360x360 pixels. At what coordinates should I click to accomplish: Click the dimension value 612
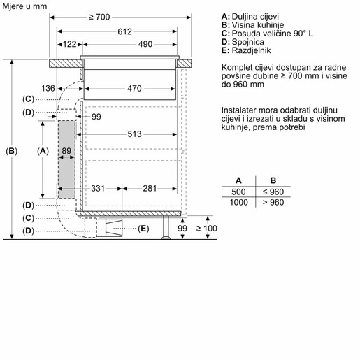125,31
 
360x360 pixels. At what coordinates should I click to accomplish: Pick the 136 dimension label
67,88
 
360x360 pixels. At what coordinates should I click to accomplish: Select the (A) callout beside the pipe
43,150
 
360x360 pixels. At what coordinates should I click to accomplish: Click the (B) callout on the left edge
12,150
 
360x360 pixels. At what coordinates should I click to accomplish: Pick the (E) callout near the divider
144,229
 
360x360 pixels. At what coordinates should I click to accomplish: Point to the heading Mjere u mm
24,6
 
